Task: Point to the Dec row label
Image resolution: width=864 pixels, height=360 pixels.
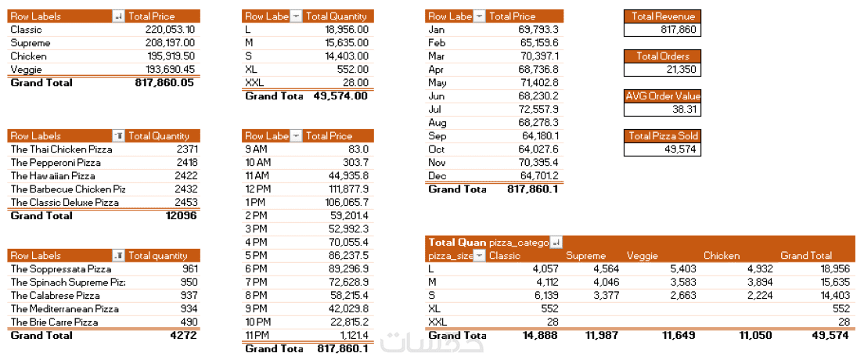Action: point(436,175)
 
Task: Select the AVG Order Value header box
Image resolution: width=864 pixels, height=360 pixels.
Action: point(662,96)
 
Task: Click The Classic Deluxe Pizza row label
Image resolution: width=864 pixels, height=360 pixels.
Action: point(64,203)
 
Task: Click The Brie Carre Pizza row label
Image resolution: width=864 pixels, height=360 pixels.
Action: point(54,322)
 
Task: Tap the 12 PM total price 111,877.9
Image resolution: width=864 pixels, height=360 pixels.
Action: point(347,189)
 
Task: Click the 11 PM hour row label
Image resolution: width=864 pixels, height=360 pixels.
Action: point(255,336)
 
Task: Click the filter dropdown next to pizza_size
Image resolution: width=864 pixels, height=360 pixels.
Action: point(479,256)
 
